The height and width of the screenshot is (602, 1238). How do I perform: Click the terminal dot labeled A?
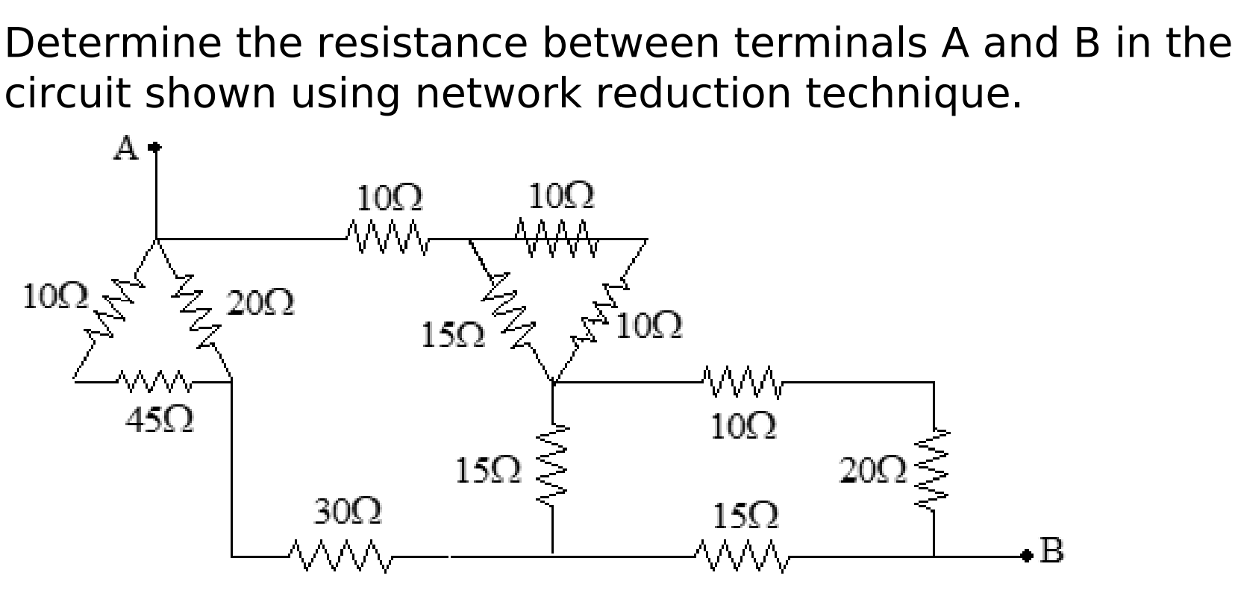[155, 148]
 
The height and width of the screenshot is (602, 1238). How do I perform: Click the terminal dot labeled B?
[1028, 554]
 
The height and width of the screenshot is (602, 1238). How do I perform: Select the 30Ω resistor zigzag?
[340, 556]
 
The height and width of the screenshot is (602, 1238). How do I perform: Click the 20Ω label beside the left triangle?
[260, 304]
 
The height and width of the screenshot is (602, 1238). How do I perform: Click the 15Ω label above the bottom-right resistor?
[745, 515]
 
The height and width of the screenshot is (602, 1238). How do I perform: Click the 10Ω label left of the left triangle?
[55, 296]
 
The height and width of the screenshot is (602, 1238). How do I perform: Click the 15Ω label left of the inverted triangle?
[452, 336]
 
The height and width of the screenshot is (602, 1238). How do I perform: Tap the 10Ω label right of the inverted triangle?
[649, 326]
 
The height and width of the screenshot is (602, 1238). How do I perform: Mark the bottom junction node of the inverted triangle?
[553, 382]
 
